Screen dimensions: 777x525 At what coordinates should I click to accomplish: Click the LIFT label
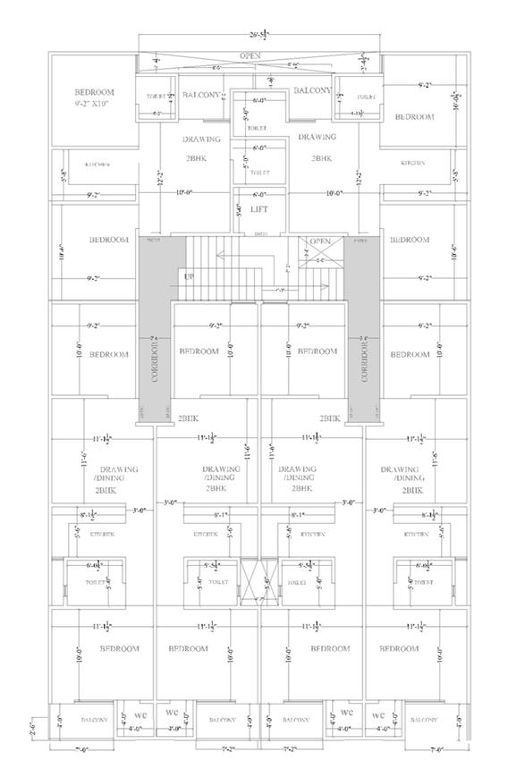(259, 209)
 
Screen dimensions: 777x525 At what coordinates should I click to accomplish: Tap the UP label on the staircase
(189, 276)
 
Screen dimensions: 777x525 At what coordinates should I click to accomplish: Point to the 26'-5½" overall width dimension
(260, 38)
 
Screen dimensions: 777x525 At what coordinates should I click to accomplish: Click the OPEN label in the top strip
(250, 56)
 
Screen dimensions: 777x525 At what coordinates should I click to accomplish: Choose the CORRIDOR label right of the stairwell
(365, 360)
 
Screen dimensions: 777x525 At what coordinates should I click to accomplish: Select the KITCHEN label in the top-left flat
(98, 165)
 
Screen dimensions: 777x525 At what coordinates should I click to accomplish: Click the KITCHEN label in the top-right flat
(412, 163)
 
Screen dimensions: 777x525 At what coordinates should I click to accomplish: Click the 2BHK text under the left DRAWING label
(196, 157)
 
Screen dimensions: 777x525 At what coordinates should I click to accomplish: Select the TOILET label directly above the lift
(259, 172)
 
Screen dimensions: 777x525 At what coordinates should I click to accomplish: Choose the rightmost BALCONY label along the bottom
(425, 720)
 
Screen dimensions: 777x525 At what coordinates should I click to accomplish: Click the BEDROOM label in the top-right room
(414, 117)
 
